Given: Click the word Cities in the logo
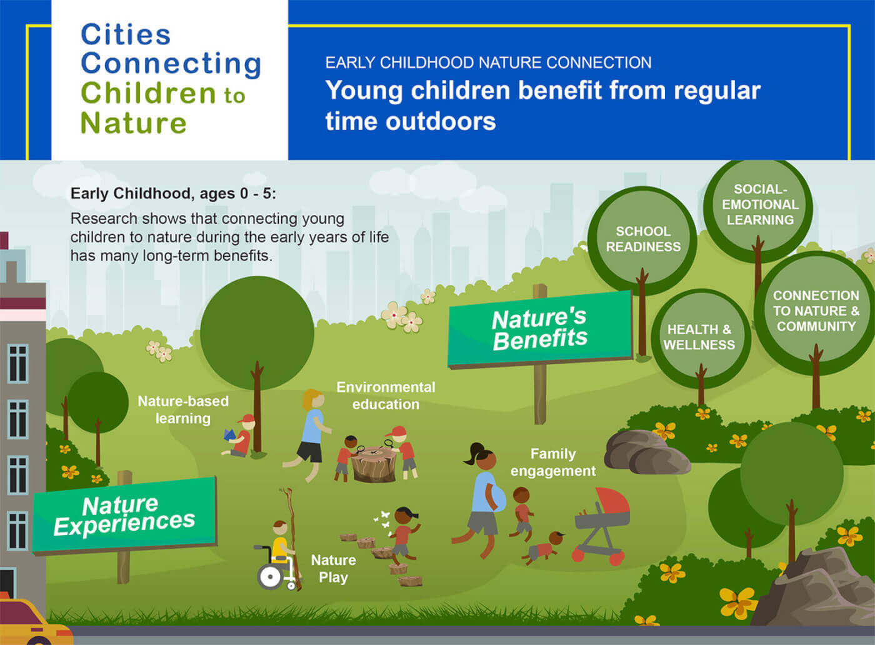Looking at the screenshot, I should point(126,35).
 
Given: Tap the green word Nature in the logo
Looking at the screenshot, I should point(133,122).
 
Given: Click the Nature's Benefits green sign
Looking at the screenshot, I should point(540,329).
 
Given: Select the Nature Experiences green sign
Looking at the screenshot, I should point(124,515).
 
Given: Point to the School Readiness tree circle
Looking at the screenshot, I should point(642,239).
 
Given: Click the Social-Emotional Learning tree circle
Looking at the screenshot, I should point(759,205).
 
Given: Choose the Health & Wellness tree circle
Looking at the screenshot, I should point(699,337).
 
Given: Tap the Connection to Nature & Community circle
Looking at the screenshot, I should point(816,311).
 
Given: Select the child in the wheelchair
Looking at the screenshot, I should point(277,556).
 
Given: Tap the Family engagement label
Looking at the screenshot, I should point(553,462).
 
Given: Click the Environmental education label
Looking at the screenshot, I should point(386,396).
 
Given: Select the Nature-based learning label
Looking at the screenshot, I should point(183,409).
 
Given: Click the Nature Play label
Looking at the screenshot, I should point(333,568).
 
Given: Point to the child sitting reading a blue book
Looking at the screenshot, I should point(240,436).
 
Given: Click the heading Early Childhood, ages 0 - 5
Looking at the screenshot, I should point(173,194).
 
